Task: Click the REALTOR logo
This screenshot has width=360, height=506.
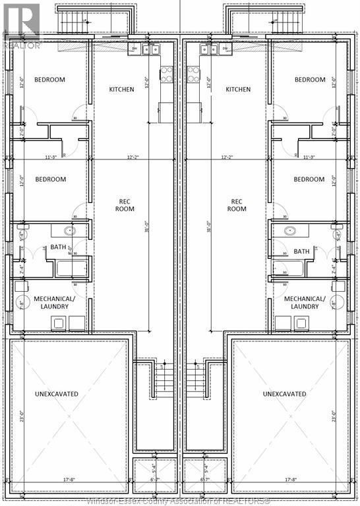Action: (21, 26)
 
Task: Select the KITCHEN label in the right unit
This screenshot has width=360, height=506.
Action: (238, 90)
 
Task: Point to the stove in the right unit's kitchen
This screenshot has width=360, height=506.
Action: (193, 74)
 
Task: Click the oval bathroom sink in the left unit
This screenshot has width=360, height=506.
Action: (69, 231)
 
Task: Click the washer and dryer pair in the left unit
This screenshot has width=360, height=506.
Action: (68, 323)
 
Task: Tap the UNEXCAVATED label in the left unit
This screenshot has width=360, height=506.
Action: (57, 394)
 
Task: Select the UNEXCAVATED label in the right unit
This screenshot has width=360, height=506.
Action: (284, 394)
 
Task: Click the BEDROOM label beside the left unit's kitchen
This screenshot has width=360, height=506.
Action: (50, 80)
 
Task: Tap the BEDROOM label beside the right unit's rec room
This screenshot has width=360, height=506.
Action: (309, 179)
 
